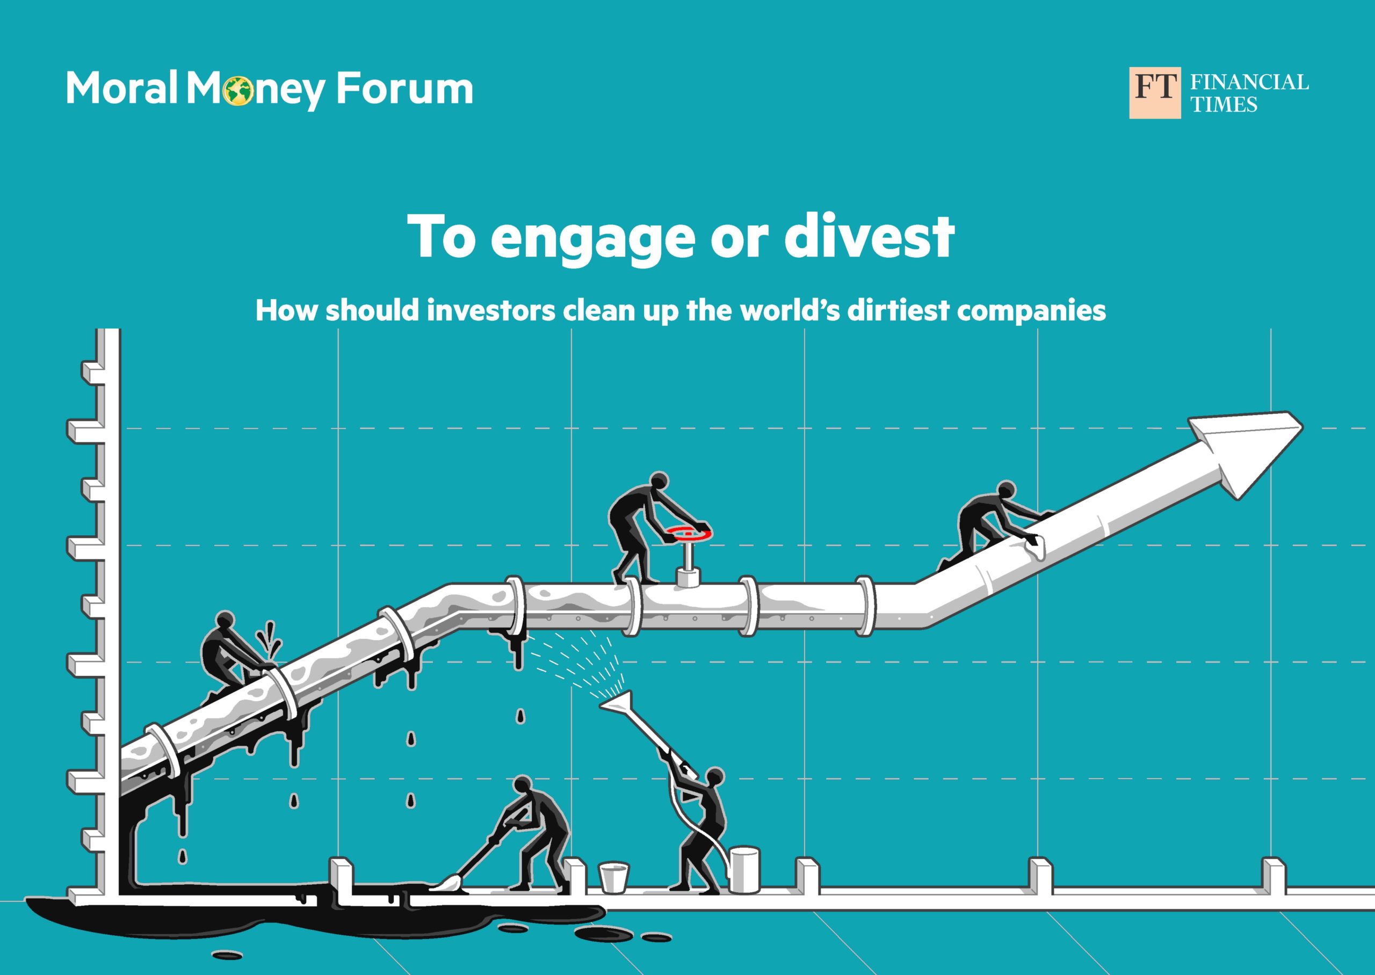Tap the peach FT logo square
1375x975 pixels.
click(x=1155, y=92)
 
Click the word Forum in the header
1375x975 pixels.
click(x=404, y=89)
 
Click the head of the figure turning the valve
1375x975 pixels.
click(x=659, y=482)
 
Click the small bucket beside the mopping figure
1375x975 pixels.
click(x=613, y=877)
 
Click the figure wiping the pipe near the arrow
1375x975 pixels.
click(x=989, y=525)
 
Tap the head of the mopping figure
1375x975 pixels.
click(x=523, y=787)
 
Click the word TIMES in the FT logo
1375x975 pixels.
click(x=1224, y=105)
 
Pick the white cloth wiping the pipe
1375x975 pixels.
click(x=1036, y=544)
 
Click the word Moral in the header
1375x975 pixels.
click(x=122, y=89)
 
